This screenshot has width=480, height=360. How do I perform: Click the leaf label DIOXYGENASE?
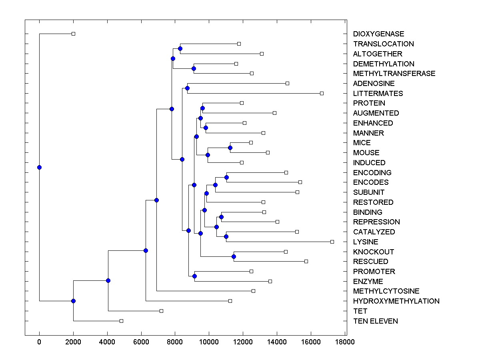[378, 34]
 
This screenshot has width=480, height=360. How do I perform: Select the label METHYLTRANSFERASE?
[394, 74]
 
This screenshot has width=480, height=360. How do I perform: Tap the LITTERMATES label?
[378, 94]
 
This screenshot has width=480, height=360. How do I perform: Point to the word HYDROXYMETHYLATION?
[396, 301]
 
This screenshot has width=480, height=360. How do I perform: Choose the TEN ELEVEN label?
[375, 321]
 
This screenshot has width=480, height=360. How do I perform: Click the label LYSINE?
[366, 242]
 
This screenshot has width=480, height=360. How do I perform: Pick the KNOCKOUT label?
[374, 252]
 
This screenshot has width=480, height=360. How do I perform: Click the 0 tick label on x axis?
[39, 342]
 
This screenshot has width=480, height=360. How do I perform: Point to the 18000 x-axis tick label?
[345, 342]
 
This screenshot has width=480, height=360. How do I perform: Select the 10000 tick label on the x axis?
[209, 342]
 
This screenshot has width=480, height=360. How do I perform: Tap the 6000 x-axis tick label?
[141, 342]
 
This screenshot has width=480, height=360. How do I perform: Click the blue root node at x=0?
[39, 167]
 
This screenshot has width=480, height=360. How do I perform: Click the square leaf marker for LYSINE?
[332, 242]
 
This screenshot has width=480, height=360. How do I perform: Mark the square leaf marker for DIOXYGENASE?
[73, 34]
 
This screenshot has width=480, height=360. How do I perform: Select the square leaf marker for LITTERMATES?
[322, 93]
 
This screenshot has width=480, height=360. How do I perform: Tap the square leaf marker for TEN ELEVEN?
[122, 321]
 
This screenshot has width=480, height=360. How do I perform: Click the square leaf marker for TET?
[161, 311]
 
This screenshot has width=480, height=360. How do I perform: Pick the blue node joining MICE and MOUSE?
[230, 148]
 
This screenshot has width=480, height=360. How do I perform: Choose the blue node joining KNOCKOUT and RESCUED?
[234, 256]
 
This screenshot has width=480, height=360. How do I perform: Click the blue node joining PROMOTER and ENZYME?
[194, 276]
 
